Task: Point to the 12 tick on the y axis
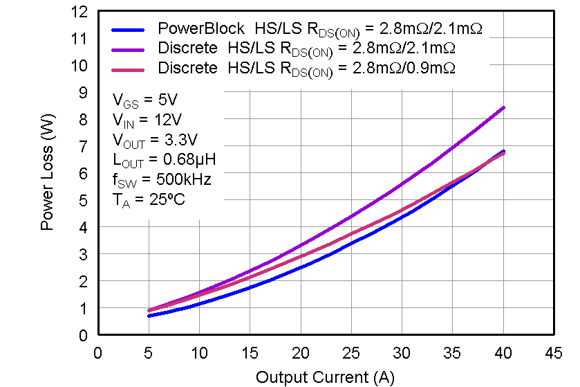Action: click(x=82, y=12)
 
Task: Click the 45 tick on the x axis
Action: click(x=554, y=353)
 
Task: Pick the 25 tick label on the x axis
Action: click(x=350, y=353)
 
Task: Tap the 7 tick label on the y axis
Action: click(x=84, y=146)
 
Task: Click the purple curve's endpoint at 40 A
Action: click(x=504, y=107)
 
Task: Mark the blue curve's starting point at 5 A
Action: click(x=149, y=316)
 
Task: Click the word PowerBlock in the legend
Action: click(x=201, y=29)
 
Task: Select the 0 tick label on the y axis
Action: click(x=84, y=335)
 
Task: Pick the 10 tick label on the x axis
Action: click(x=199, y=353)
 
